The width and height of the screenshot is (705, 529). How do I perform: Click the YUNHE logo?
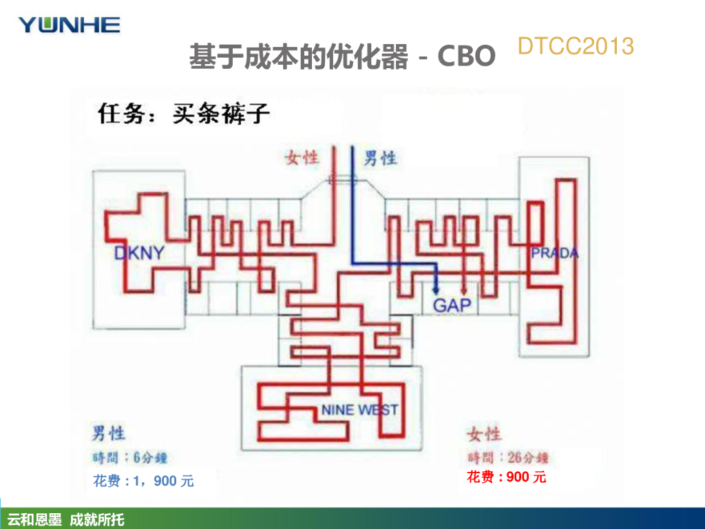tap(69, 25)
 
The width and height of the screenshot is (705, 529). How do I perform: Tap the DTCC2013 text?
tap(575, 46)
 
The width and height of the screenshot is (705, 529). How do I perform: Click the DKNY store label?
tap(139, 253)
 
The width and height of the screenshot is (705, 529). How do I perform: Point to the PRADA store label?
tap(554, 253)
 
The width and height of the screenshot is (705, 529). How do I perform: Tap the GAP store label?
tap(452, 304)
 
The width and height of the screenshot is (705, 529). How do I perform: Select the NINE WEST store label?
tap(359, 410)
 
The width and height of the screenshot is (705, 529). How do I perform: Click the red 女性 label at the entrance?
tap(302, 158)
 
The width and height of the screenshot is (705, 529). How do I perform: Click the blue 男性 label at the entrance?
tap(380, 158)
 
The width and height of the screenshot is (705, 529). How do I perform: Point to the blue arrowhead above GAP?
tap(436, 290)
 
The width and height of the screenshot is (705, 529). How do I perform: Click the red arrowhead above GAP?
tap(464, 290)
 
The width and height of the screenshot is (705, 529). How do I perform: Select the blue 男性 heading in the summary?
tap(109, 433)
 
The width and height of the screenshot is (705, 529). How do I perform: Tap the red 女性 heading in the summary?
tap(485, 434)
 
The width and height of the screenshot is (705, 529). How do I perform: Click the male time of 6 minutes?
tap(130, 457)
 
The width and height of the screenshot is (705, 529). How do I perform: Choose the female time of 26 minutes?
tap(508, 457)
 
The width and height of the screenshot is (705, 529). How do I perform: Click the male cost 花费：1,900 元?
tap(144, 481)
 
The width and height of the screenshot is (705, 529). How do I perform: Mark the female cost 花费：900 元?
tap(506, 477)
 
